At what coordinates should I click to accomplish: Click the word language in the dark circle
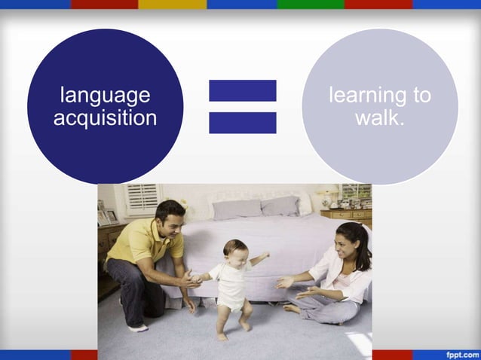tap(105, 96)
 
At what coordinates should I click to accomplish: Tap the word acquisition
tap(105, 117)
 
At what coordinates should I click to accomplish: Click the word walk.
tap(380, 117)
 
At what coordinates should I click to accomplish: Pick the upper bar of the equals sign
tap(243, 90)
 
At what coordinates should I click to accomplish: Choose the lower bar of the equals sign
tap(243, 123)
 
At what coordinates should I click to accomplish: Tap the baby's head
tap(234, 251)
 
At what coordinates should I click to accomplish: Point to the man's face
tap(174, 221)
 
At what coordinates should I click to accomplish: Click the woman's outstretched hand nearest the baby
tap(285, 282)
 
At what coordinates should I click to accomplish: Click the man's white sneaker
tap(138, 328)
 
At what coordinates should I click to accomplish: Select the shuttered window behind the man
tap(142, 198)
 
